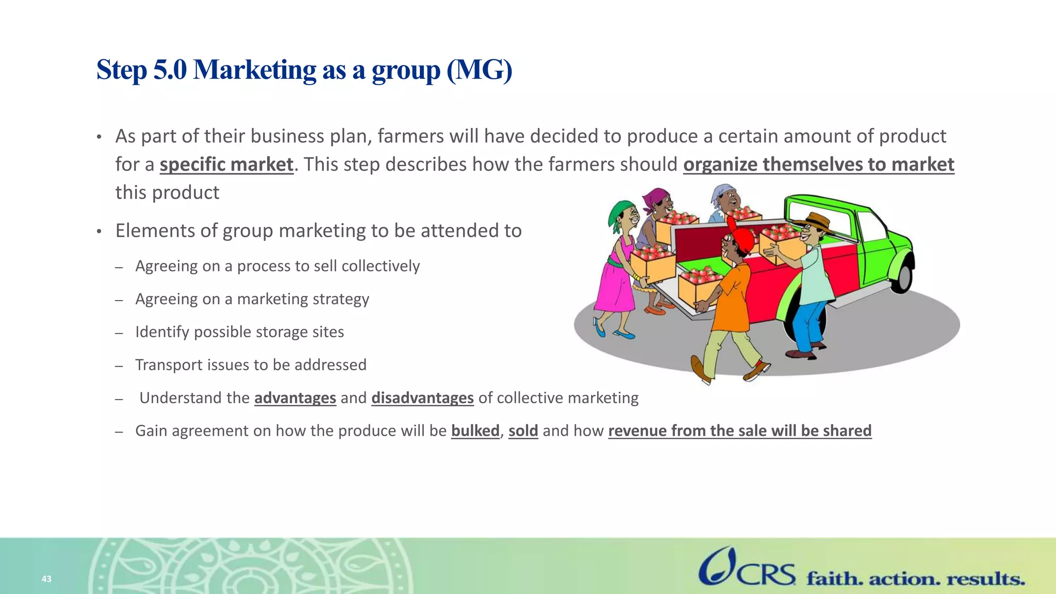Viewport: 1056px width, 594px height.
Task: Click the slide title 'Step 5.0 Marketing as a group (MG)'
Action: (304, 70)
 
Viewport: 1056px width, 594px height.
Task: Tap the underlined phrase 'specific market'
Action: (226, 164)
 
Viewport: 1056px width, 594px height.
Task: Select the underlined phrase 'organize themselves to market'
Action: (818, 164)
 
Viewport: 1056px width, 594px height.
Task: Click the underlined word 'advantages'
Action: (295, 398)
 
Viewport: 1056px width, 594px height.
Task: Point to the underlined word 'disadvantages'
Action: (422, 398)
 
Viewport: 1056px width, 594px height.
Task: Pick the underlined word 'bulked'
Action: (475, 431)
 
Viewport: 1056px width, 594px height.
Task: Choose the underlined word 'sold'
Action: (523, 431)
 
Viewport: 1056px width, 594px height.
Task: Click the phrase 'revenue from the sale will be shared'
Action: (739, 431)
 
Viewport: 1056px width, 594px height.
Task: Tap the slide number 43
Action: (46, 579)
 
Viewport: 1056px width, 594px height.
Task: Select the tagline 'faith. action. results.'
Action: (916, 579)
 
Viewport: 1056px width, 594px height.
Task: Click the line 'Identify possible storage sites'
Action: (239, 332)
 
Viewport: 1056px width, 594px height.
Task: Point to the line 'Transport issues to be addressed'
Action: (251, 365)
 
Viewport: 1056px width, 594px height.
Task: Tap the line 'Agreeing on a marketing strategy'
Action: (252, 299)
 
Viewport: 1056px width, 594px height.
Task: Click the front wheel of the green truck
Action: (903, 276)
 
